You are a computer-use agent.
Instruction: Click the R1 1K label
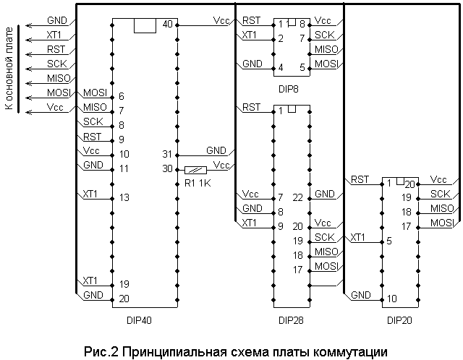click(197, 183)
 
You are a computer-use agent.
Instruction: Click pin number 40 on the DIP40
click(168, 25)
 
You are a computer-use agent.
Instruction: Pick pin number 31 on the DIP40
click(167, 154)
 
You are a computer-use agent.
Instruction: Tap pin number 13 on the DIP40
click(124, 197)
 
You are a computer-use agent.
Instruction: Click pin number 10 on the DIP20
click(391, 298)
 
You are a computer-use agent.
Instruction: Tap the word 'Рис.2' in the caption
click(100, 351)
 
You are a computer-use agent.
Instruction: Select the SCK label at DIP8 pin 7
click(325, 35)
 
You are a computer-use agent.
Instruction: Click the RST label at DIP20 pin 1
click(360, 179)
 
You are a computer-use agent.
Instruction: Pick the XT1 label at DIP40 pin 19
click(90, 280)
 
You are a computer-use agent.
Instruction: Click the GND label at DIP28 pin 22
click(325, 194)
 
